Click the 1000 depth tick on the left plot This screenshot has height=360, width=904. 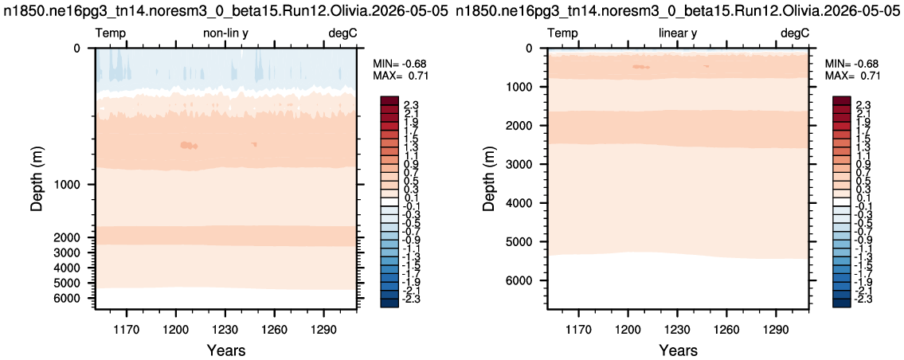pos(74,185)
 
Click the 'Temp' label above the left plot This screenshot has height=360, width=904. pos(110,33)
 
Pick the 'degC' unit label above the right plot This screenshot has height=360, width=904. pos(795,33)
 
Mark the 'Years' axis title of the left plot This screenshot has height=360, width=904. pos(226,350)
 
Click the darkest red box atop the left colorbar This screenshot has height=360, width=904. pos(388,100)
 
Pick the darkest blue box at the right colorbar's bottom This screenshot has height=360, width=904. pos(840,303)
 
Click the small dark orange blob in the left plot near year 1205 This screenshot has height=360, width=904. pos(189,146)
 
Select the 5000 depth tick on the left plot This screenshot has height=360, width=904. pos(74,283)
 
